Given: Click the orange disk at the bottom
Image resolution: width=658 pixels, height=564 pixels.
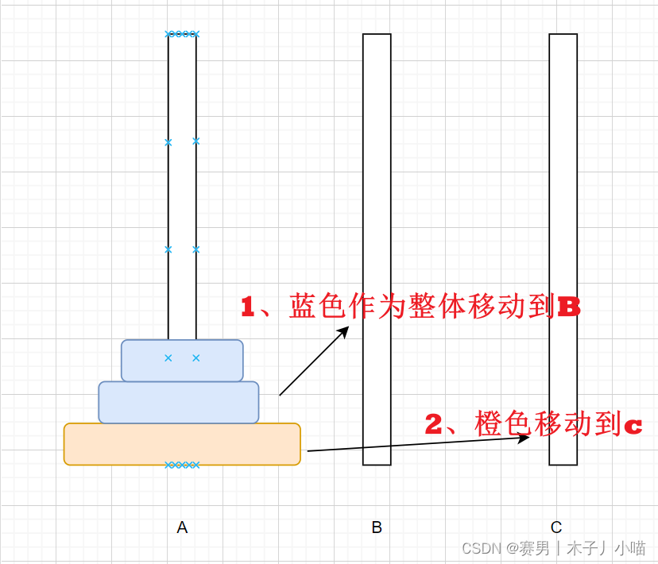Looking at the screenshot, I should (182, 444).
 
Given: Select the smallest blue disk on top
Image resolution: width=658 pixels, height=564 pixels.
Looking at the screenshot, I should (182, 361).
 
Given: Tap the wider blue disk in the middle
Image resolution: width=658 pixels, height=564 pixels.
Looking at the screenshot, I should (179, 402).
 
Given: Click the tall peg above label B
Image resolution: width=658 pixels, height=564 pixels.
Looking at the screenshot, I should (377, 199).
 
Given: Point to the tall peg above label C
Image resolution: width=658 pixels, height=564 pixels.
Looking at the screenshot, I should (563, 199).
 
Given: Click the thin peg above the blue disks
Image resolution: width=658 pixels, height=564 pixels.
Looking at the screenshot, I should (182, 191).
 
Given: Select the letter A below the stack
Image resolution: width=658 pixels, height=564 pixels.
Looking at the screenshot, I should (182, 527).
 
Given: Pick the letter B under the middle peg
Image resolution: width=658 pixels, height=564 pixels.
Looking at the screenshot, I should (377, 527).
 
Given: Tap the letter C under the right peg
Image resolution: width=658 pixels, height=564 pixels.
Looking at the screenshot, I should (556, 527).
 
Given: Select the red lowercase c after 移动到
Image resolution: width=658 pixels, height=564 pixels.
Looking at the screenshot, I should (633, 427).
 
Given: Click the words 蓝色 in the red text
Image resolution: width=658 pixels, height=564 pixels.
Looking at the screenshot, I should (313, 307).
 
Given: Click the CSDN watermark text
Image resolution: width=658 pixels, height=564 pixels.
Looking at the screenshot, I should (479, 548).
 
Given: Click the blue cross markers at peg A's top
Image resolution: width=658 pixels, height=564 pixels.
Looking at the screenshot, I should (182, 34).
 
